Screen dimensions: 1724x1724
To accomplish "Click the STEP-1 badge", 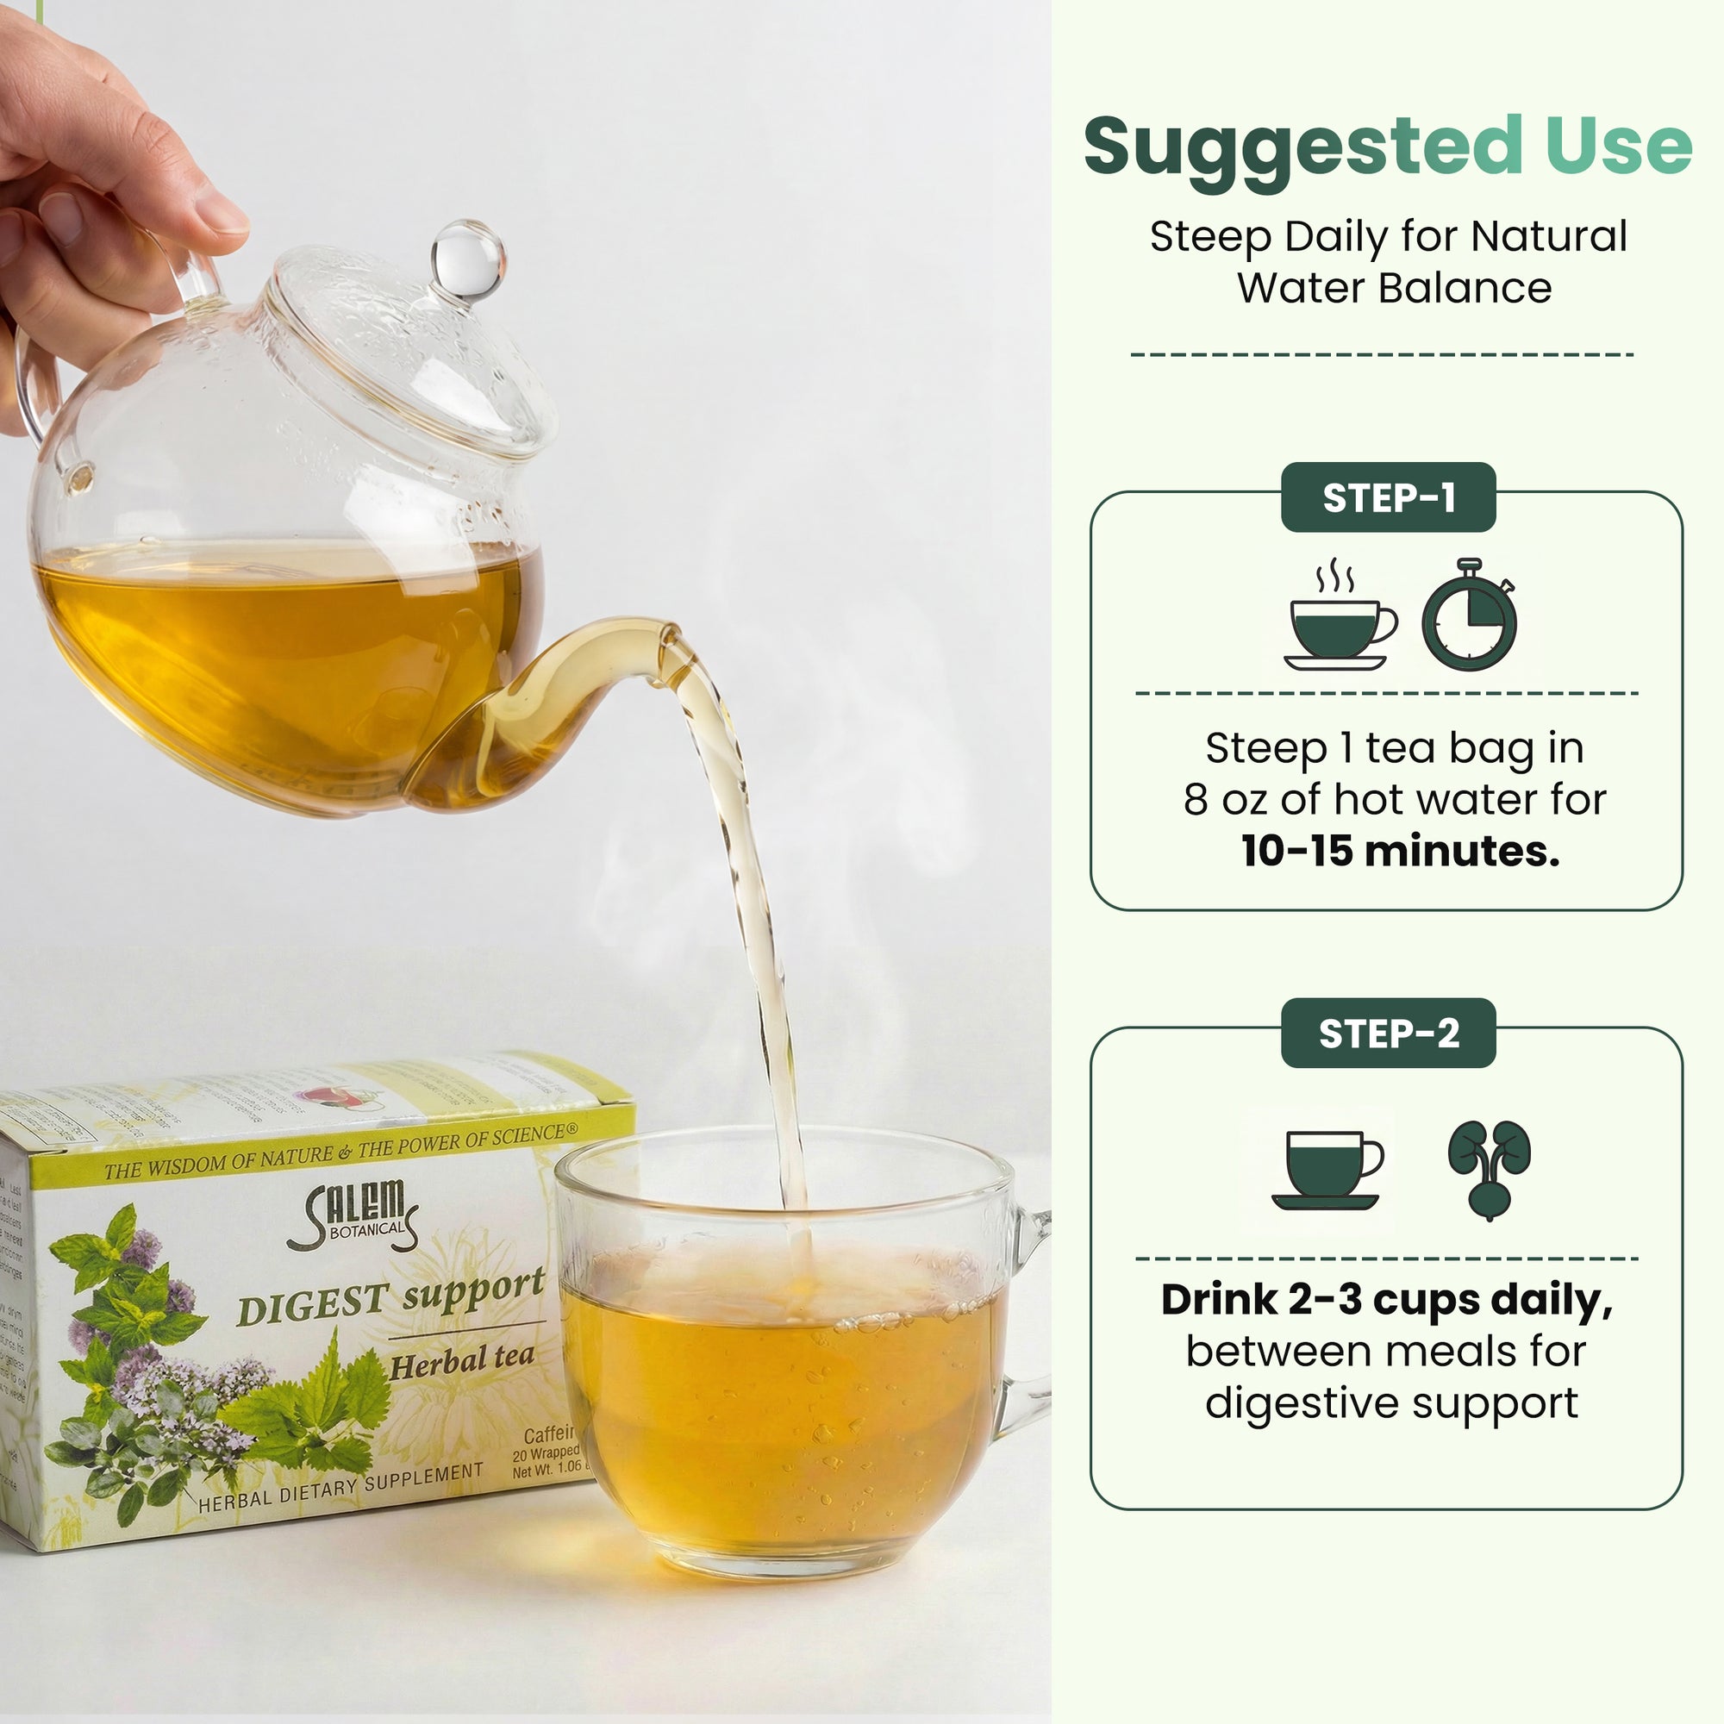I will pyautogui.click(x=1388, y=498).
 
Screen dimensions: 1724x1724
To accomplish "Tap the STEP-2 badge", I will pyautogui.click(x=1388, y=1034).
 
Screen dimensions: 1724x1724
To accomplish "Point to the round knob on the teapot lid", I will pyautogui.click(x=467, y=259).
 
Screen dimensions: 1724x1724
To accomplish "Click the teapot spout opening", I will pyautogui.click(x=667, y=636).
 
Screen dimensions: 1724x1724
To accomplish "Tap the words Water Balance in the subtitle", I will pyautogui.click(x=1394, y=288).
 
